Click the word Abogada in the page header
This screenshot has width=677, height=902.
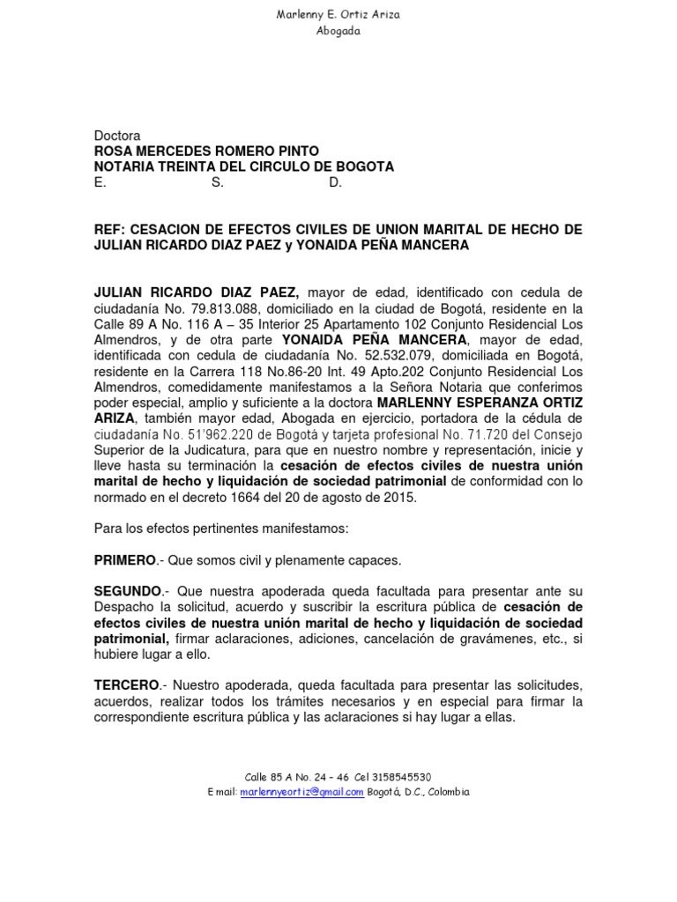coord(338,32)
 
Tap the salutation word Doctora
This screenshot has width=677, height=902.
coord(117,137)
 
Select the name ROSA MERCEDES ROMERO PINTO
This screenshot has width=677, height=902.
coord(206,152)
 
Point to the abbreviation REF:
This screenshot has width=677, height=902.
coord(108,230)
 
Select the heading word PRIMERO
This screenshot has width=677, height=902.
coord(124,560)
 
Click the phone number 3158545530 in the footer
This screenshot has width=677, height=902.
coord(402,777)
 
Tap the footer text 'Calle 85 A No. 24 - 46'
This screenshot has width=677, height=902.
coord(297,777)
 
